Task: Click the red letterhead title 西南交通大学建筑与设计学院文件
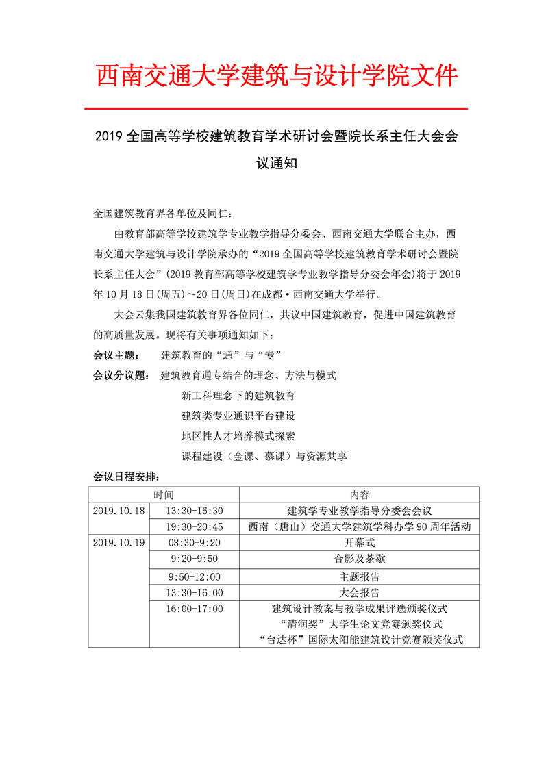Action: [277, 76]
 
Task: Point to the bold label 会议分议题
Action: [120, 375]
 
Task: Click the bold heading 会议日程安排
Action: [125, 477]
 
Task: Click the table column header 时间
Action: [163, 495]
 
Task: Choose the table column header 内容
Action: [359, 495]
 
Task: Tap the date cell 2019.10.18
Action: [119, 511]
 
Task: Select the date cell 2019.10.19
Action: [119, 542]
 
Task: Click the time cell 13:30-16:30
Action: [195, 511]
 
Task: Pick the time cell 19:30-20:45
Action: [195, 526]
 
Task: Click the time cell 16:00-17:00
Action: [195, 609]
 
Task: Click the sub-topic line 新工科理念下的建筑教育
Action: [238, 396]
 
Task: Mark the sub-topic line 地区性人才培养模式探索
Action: [238, 436]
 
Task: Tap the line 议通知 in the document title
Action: [276, 165]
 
